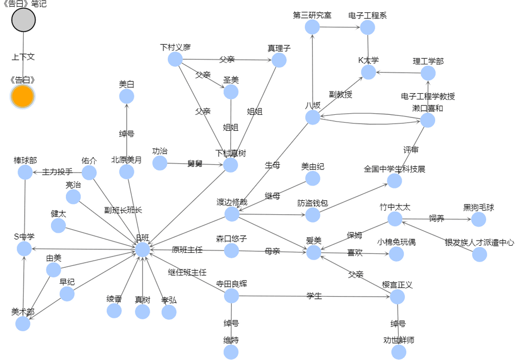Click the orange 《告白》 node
(x=23, y=97)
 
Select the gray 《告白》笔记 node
(x=24, y=21)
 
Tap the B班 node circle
(x=143, y=250)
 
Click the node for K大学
(x=369, y=72)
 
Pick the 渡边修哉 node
(x=232, y=214)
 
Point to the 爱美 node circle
(x=314, y=252)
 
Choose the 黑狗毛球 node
(x=478, y=219)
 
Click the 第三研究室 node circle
(x=312, y=27)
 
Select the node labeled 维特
(x=231, y=352)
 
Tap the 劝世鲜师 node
(x=399, y=352)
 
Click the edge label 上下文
(x=23, y=57)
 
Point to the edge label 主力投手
(x=57, y=172)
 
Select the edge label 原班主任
(x=187, y=250)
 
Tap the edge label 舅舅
(x=195, y=164)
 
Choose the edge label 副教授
(x=340, y=94)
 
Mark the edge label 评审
(x=410, y=150)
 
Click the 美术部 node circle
(x=23, y=323)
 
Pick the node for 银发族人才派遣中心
(x=479, y=254)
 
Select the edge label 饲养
(x=437, y=218)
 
